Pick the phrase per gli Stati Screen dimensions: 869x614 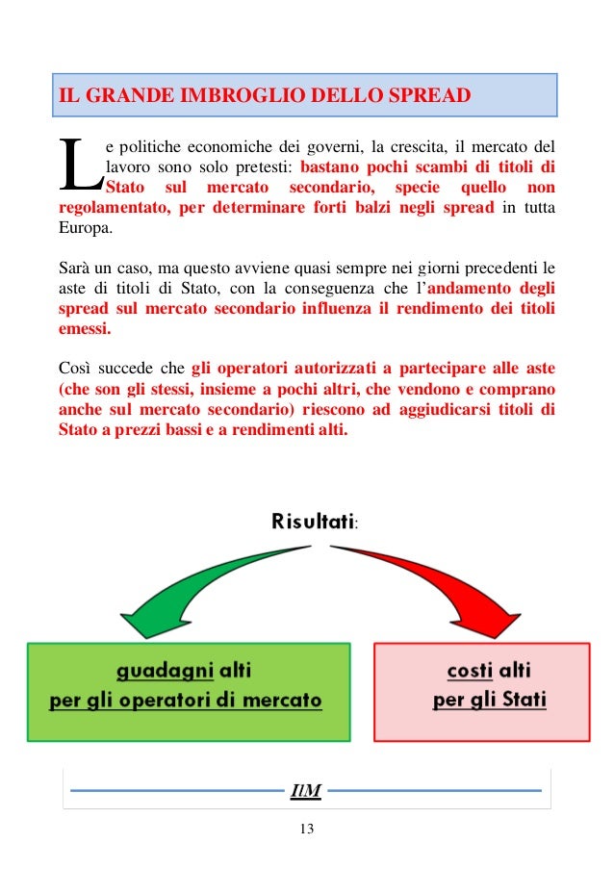tap(489, 700)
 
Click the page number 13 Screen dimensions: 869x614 tap(307, 830)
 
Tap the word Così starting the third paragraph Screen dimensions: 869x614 tap(75, 367)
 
